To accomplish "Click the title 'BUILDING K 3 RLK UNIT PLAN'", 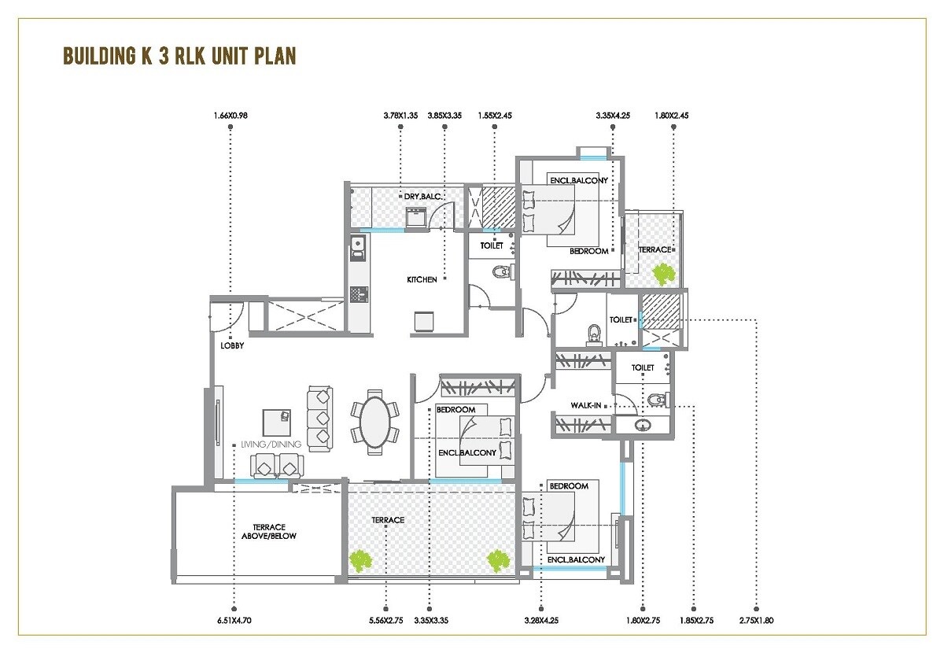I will coord(179,57).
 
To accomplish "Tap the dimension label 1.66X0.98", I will coord(230,116).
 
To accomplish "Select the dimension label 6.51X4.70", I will coord(234,621).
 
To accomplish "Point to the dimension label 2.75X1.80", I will coord(757,621).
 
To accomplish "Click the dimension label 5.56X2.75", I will coord(385,621).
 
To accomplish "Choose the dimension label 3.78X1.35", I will coord(400,116).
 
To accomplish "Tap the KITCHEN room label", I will coord(422,279).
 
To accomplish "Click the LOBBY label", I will coord(232,345).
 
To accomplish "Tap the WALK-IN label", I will coord(587,405).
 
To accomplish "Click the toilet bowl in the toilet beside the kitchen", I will coord(500,272).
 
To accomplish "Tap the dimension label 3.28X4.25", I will coord(541,621).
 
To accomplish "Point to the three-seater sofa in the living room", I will coord(319,417).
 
